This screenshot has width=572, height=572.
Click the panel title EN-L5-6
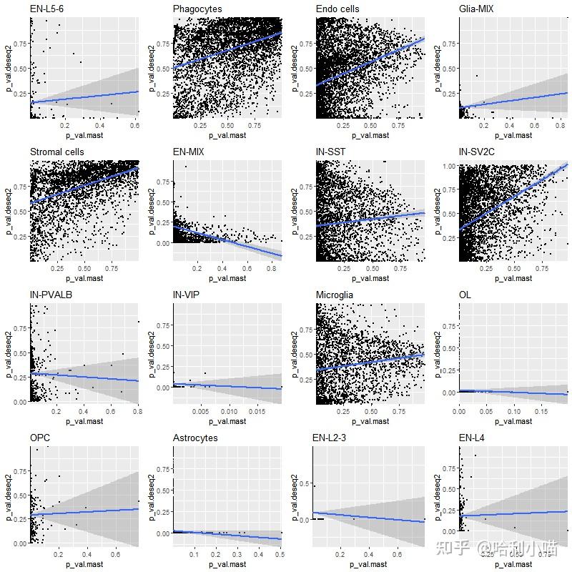(47, 9)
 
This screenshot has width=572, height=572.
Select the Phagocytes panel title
(197, 9)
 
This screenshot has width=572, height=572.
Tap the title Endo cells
(337, 9)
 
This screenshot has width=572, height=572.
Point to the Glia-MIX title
(476, 9)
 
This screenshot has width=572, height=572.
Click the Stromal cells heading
(57, 152)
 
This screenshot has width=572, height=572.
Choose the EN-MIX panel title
(190, 152)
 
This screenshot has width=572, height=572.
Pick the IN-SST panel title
(332, 152)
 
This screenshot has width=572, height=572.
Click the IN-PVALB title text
(51, 295)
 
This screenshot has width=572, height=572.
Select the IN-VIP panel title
(187, 295)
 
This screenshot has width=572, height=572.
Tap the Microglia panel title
(335, 295)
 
